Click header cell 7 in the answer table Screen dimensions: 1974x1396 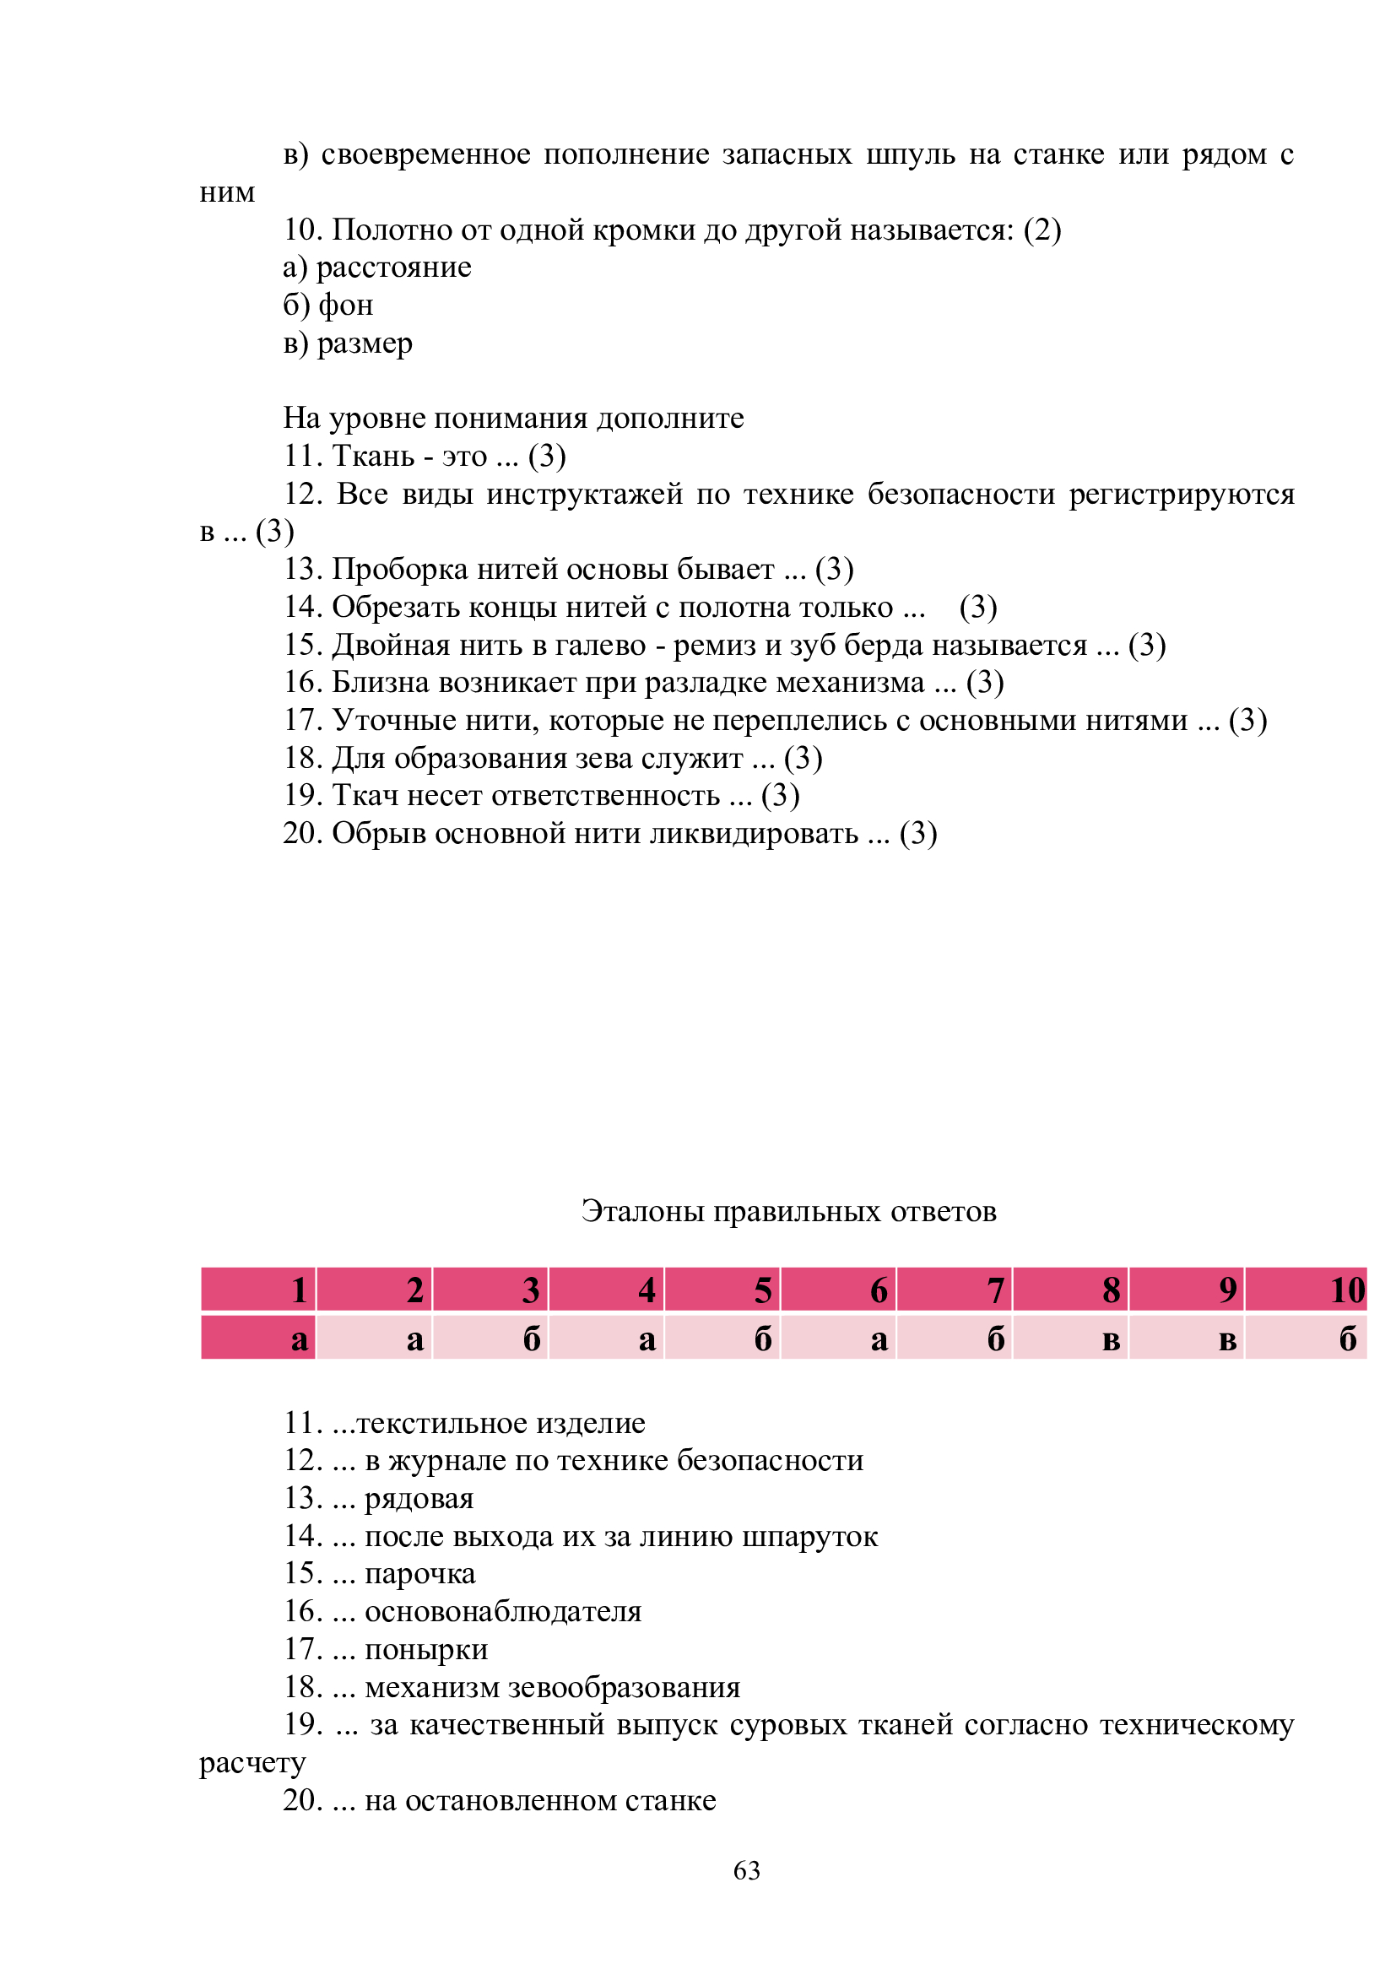(x=955, y=1290)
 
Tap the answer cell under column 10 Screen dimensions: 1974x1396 (x=1306, y=1339)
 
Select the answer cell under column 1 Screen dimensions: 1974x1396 (x=259, y=1339)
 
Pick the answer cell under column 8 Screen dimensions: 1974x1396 (x=1070, y=1339)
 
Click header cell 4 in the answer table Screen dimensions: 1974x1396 (x=606, y=1290)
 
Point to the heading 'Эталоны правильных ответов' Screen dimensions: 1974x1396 (x=788, y=1210)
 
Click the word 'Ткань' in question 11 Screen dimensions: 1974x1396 (x=373, y=456)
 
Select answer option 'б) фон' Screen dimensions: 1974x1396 (x=328, y=306)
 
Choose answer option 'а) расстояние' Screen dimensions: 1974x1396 (x=377, y=268)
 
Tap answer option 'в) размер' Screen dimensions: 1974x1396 (x=348, y=343)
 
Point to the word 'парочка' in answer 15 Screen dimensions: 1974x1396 (x=420, y=1573)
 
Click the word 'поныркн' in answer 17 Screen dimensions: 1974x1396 (x=426, y=1649)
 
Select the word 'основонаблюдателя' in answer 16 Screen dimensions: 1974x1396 (x=503, y=1611)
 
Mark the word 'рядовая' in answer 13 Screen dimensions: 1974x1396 (x=419, y=1499)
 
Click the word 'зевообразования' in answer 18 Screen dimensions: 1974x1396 (x=624, y=1687)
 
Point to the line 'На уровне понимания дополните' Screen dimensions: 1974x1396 (x=513, y=418)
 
